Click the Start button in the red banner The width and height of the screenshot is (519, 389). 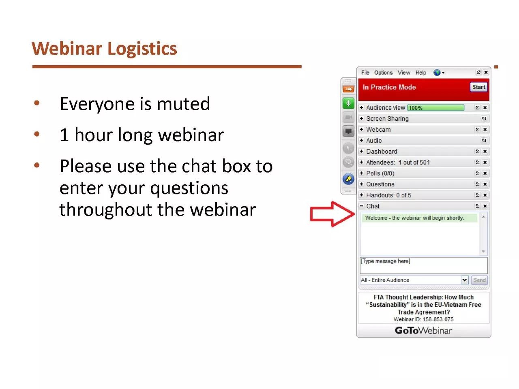(x=478, y=87)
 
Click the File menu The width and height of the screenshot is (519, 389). (x=365, y=73)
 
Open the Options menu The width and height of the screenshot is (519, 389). (x=383, y=73)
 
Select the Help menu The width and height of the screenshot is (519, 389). (x=420, y=73)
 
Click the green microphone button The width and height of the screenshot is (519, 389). (x=348, y=103)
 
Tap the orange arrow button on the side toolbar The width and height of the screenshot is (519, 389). (x=348, y=89)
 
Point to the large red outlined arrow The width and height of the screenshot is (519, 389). (x=332, y=214)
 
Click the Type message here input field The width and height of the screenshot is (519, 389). (x=423, y=265)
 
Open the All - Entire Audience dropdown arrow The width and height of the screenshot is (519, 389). (x=464, y=280)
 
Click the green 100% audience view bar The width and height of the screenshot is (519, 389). (x=435, y=108)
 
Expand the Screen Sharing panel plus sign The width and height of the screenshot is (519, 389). (x=361, y=118)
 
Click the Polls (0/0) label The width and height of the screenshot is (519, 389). (x=380, y=173)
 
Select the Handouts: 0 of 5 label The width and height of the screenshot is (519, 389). (x=388, y=195)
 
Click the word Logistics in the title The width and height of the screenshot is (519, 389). (x=142, y=49)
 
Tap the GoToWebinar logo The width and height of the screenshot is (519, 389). (x=423, y=330)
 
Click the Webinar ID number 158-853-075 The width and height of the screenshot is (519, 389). (x=438, y=319)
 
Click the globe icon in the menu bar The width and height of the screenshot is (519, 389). (x=437, y=73)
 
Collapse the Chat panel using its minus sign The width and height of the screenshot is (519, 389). (x=361, y=206)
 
